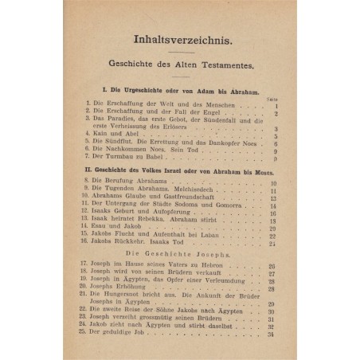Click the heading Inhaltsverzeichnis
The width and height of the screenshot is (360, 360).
coord(182,37)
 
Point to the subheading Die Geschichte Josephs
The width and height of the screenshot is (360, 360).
coord(182,252)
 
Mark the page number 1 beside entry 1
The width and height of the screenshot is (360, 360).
coord(273,105)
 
